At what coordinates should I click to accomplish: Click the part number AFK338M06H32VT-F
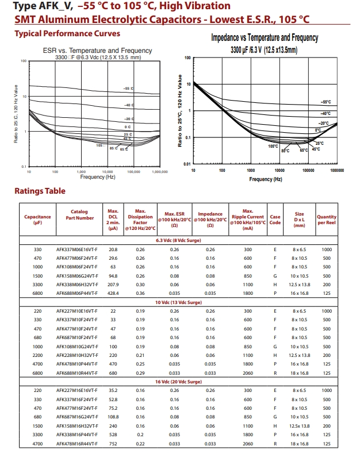77,285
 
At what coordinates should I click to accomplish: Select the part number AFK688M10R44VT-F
77,373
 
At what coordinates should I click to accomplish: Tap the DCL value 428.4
113,294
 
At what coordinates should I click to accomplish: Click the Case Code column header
275,220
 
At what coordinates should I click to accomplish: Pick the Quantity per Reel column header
327,220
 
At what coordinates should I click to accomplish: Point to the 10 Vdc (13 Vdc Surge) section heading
179,302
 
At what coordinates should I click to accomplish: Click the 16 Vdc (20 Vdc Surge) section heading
179,382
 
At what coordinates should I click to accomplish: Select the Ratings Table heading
40,191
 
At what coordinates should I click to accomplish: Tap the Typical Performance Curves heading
67,33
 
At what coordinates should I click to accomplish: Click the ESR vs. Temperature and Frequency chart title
98,51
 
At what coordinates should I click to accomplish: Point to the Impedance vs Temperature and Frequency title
265,38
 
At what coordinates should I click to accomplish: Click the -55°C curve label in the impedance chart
326,102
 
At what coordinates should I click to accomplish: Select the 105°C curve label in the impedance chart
273,146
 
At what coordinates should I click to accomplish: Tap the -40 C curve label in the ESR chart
129,105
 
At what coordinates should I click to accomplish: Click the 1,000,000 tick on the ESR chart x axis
160,172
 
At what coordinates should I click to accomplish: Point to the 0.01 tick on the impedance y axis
187,164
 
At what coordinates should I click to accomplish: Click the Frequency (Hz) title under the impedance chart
266,179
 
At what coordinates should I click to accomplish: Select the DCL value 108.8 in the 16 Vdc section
113,417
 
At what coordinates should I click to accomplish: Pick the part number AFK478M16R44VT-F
77,444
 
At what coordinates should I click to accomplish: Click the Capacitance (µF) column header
37,220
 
